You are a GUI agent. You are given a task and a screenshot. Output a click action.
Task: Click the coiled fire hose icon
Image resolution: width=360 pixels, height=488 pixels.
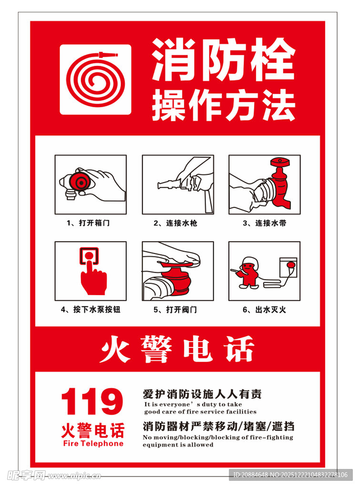(x=95, y=79)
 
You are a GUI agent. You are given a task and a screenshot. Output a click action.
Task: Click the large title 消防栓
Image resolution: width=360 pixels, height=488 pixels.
(x=223, y=60)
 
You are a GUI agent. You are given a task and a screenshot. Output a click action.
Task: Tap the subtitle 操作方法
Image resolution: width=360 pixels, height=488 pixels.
(x=223, y=106)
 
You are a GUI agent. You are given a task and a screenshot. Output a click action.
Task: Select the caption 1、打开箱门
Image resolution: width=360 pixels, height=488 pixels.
(x=88, y=223)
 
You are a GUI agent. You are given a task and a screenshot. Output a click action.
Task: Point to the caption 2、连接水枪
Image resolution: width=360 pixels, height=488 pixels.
(x=177, y=223)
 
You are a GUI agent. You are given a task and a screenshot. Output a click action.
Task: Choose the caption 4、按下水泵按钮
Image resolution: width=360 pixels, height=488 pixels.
(x=91, y=309)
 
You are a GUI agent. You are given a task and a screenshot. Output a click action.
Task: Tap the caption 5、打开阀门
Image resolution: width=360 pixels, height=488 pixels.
(x=177, y=309)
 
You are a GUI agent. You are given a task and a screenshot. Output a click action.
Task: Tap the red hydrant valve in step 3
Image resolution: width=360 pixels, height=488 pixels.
(x=281, y=183)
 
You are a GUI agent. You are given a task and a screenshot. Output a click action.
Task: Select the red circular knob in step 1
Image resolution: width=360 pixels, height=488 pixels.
(x=79, y=182)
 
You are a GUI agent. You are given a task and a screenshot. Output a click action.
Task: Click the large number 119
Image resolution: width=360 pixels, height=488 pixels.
(x=92, y=401)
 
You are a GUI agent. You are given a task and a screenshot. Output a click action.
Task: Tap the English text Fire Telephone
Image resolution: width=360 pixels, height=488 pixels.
(x=93, y=444)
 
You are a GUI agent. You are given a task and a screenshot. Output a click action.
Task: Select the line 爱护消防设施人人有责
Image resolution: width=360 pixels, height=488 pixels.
(x=202, y=394)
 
